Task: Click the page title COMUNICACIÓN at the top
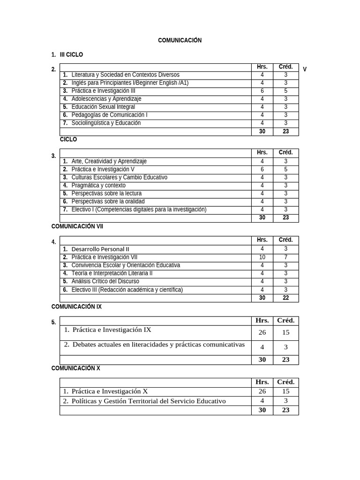[180, 41]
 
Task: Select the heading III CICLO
[71, 55]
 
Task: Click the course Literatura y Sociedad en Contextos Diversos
[125, 75]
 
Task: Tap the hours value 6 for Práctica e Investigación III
[262, 91]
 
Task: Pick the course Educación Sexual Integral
[103, 107]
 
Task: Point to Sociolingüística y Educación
[106, 123]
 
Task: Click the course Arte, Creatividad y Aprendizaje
[109, 161]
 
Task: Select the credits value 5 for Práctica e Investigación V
[285, 169]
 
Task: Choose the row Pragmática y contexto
[98, 185]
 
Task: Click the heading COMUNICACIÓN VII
[77, 226]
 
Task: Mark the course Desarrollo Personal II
[100, 249]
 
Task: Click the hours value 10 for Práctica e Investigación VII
[262, 257]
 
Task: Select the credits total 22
[285, 298]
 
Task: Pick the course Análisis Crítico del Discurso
[105, 281]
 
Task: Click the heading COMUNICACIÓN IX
[76, 307]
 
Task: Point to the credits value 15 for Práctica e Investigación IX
[285, 332]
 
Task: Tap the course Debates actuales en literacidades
[158, 345]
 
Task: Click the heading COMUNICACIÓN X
[75, 368]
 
